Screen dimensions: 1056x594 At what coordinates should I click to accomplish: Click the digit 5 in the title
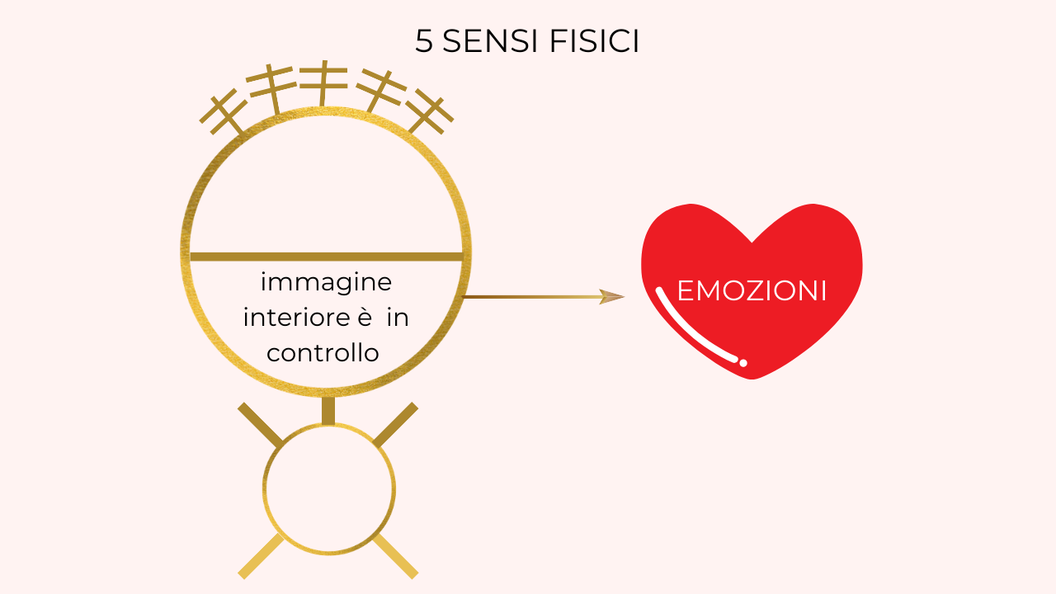coord(424,42)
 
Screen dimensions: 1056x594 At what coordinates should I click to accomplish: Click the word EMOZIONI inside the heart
coord(752,291)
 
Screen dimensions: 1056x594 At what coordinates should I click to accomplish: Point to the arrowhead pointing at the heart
coord(612,297)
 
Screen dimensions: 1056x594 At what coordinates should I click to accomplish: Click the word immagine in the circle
coord(326,282)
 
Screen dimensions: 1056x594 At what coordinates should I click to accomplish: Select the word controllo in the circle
coord(323,353)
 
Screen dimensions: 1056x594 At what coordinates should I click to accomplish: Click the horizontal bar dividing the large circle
coord(326,257)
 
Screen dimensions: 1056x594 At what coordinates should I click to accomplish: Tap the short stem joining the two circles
coord(328,410)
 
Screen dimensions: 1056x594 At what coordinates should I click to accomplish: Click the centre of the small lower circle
coord(328,488)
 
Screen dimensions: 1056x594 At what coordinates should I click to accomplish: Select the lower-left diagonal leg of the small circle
coord(260,557)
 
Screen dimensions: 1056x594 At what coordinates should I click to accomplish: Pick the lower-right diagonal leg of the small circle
coord(396,557)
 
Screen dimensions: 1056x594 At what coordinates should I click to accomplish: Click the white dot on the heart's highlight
coord(743,363)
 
